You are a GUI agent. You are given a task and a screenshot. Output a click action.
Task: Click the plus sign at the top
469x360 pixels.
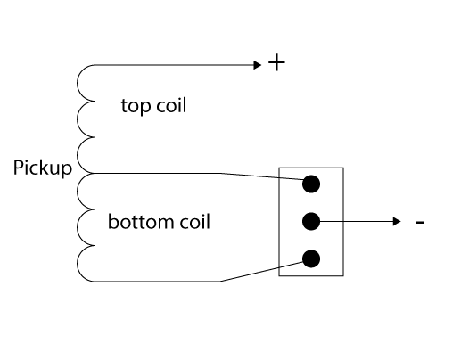tap(276, 62)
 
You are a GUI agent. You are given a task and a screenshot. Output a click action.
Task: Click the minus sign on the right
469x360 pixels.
tap(419, 222)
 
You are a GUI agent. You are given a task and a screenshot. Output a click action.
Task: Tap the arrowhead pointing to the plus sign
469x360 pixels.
tap(257, 65)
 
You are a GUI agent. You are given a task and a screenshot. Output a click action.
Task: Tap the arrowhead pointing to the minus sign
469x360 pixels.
tap(397, 222)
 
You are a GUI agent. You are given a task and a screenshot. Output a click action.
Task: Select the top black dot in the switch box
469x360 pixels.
tap(311, 184)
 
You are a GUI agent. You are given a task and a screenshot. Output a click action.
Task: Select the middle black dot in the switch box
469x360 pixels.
tap(311, 222)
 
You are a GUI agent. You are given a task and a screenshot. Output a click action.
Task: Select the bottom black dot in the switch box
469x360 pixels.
tap(311, 258)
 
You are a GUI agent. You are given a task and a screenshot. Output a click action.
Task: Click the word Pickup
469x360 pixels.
tap(43, 168)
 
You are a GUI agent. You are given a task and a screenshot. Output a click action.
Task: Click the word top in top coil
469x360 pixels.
tap(136, 106)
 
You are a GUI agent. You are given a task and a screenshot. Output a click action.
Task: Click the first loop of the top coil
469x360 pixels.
tap(78, 83)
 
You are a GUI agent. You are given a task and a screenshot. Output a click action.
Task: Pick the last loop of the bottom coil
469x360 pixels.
tap(78, 264)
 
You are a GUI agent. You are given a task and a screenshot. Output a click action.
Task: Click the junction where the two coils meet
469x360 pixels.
tap(91, 173)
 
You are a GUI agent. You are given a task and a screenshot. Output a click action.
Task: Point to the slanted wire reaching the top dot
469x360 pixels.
tap(262, 176)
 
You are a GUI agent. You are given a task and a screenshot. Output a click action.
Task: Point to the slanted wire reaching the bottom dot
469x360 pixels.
tap(262, 272)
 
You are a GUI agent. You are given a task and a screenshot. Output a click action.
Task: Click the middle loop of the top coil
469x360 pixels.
tap(78, 119)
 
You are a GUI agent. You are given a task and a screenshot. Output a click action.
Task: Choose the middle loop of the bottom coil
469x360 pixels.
tap(78, 227)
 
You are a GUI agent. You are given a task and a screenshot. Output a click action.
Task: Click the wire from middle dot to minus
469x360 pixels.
tap(356, 222)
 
